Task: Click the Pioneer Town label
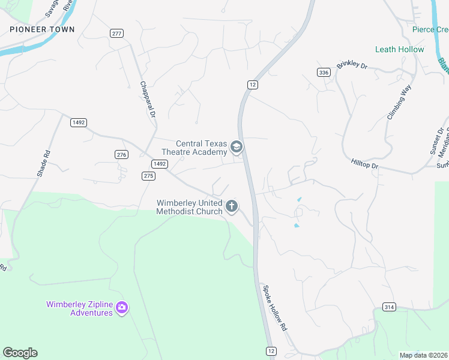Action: (42, 29)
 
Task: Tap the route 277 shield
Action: (116, 33)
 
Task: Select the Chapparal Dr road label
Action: (148, 99)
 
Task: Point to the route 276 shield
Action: (121, 155)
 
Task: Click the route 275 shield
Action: (149, 176)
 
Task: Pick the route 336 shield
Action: (324, 72)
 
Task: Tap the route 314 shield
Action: (388, 307)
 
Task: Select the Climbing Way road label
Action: (399, 101)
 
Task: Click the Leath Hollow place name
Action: (399, 49)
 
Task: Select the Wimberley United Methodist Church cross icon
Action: (232, 207)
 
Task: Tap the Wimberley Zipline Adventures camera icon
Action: (122, 308)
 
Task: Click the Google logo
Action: (20, 353)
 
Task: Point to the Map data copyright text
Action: (424, 355)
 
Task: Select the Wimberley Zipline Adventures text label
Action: (79, 308)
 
